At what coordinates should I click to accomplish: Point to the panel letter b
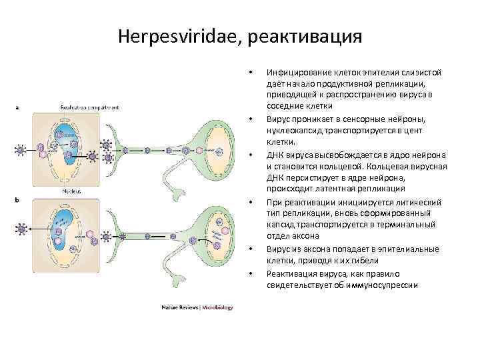point(16,198)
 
